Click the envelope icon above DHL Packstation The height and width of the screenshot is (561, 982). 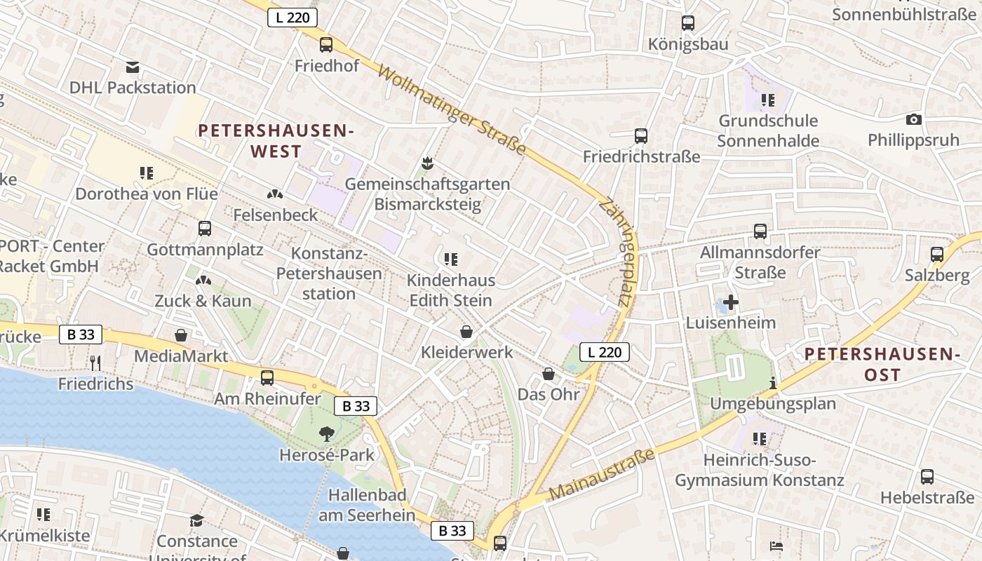[133, 67]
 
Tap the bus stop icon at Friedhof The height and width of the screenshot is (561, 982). [326, 45]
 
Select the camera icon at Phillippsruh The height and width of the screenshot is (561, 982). [913, 119]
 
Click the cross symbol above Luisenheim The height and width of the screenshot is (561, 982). [731, 302]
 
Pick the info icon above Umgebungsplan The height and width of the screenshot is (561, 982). [773, 383]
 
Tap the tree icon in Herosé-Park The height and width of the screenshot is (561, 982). [326, 434]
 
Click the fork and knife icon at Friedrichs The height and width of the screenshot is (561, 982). [96, 363]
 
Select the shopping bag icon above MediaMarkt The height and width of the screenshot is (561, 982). [181, 335]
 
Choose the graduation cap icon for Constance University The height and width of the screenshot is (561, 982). [197, 520]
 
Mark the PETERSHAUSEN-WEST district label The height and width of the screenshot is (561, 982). [276, 141]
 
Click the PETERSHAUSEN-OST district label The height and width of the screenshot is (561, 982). [882, 365]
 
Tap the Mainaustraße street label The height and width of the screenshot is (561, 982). [601, 475]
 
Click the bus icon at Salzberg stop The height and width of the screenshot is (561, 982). [937, 255]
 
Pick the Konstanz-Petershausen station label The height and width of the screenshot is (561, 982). [329, 273]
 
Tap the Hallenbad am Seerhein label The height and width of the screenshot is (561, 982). [367, 505]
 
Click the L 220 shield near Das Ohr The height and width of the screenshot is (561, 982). [605, 352]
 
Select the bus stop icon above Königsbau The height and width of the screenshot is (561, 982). [688, 23]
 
